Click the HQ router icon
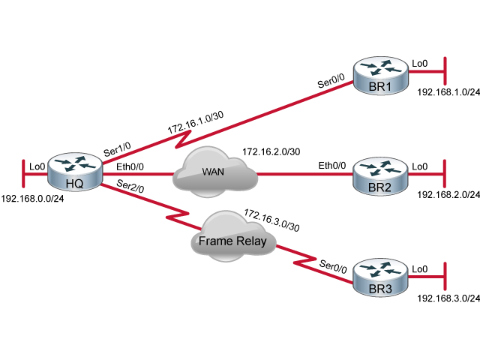tap(75, 169)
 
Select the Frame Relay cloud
tap(230, 238)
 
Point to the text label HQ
tap(74, 182)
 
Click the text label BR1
tap(380, 88)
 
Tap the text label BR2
tap(380, 188)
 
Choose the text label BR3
tap(380, 289)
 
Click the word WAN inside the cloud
tap(213, 172)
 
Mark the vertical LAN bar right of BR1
tap(445, 72)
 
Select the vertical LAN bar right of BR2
tap(445, 174)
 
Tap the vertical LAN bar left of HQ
tap(24, 174)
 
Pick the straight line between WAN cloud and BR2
tap(304, 174)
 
